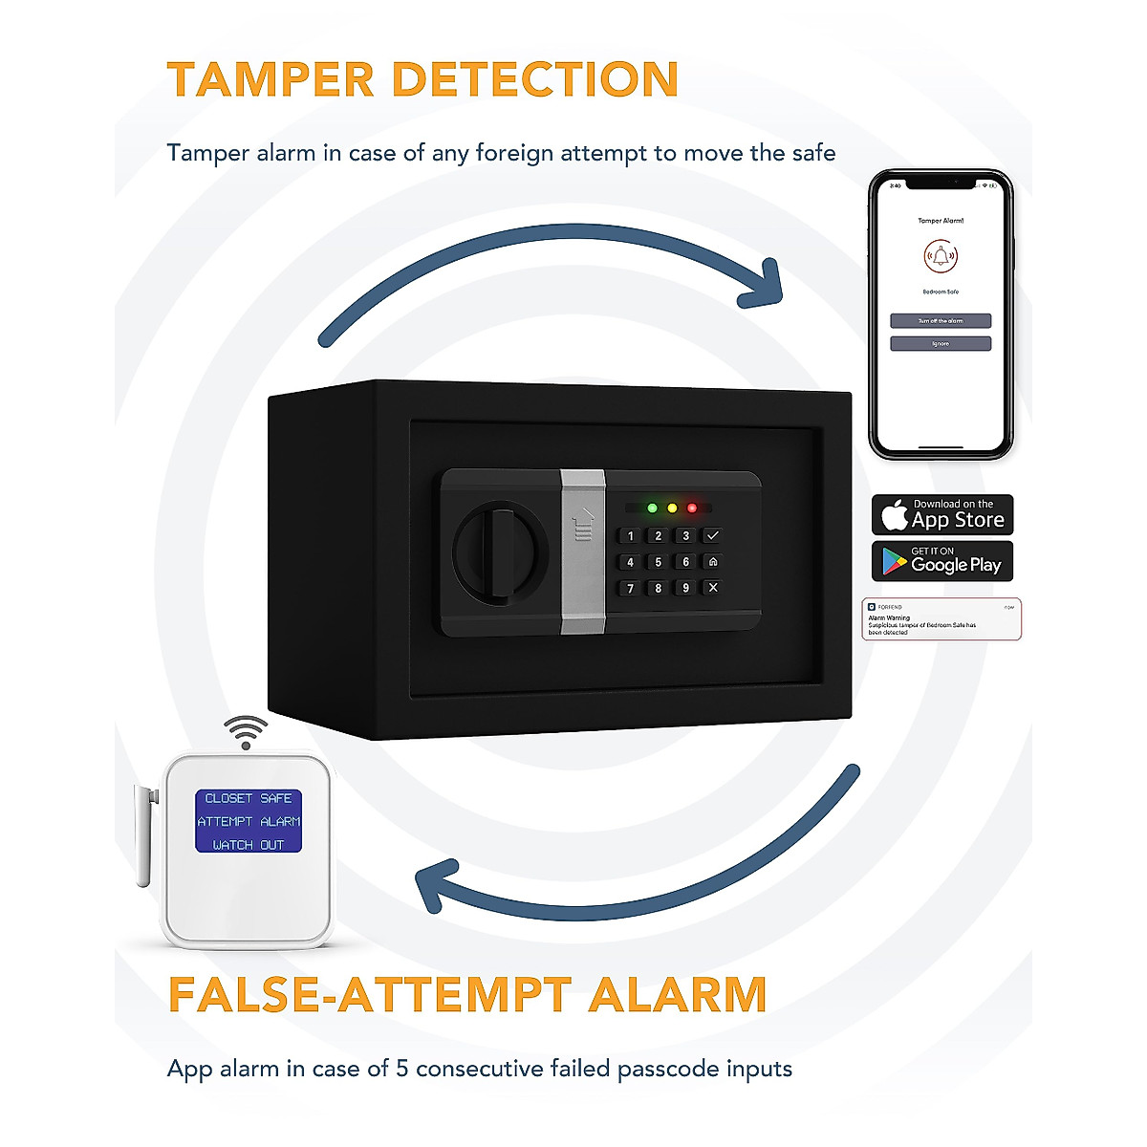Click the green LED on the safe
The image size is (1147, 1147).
tap(652, 508)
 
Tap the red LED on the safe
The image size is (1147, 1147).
tap(692, 508)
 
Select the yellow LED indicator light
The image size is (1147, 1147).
tap(672, 508)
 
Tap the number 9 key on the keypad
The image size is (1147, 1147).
tap(685, 588)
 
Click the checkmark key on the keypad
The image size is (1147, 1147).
tap(712, 535)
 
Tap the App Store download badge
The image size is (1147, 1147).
tap(941, 515)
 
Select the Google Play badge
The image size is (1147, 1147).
tap(941, 561)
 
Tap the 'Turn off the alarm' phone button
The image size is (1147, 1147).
tap(941, 321)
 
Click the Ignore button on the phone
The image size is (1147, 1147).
tap(941, 343)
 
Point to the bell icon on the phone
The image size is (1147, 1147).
tap(941, 256)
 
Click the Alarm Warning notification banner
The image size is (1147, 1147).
tap(941, 619)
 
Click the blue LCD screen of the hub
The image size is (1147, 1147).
tap(249, 821)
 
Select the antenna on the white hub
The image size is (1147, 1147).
tap(143, 834)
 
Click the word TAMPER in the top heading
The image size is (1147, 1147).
tap(271, 79)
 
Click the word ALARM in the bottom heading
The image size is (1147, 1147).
tap(678, 995)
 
